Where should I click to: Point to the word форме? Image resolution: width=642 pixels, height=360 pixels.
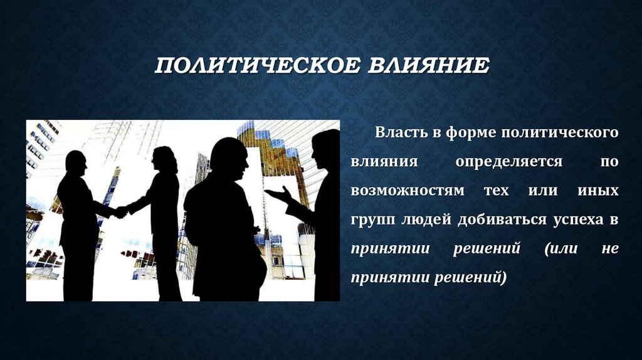point(463,133)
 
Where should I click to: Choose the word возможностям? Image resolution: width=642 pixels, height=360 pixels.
point(408,191)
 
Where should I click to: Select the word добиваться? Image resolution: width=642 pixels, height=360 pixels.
point(496,220)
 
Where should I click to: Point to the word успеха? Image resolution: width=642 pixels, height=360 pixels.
point(576,220)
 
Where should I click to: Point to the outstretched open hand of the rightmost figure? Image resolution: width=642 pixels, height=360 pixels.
point(276,194)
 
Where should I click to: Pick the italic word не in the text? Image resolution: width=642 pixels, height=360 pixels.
point(610,248)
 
